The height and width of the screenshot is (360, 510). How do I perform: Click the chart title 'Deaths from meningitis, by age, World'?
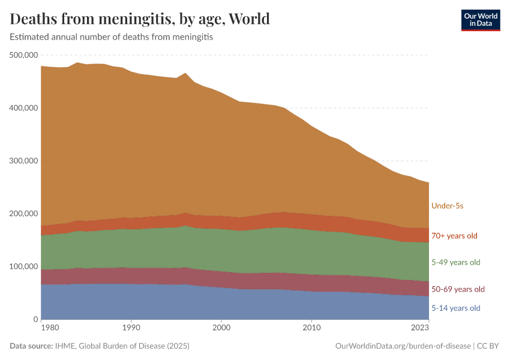(140, 19)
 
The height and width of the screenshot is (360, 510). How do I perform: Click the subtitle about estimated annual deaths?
(112, 37)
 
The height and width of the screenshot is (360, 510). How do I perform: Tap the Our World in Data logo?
(480, 20)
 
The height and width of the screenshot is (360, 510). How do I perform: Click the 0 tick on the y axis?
(35, 319)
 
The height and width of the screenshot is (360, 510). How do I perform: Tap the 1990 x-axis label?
(131, 328)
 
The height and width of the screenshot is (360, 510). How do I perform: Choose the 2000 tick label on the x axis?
(221, 328)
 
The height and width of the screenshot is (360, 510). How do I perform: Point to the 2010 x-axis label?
(311, 328)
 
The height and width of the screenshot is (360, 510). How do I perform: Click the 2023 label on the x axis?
(420, 328)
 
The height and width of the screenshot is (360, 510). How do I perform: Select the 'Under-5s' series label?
(447, 206)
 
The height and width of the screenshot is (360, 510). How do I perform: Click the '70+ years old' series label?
(454, 236)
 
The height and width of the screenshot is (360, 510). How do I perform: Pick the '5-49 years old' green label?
(455, 262)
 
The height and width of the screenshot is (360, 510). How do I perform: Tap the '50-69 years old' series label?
(458, 289)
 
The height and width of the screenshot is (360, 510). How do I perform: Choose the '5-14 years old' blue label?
(455, 308)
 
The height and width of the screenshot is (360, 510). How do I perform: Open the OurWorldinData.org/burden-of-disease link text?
(403, 346)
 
